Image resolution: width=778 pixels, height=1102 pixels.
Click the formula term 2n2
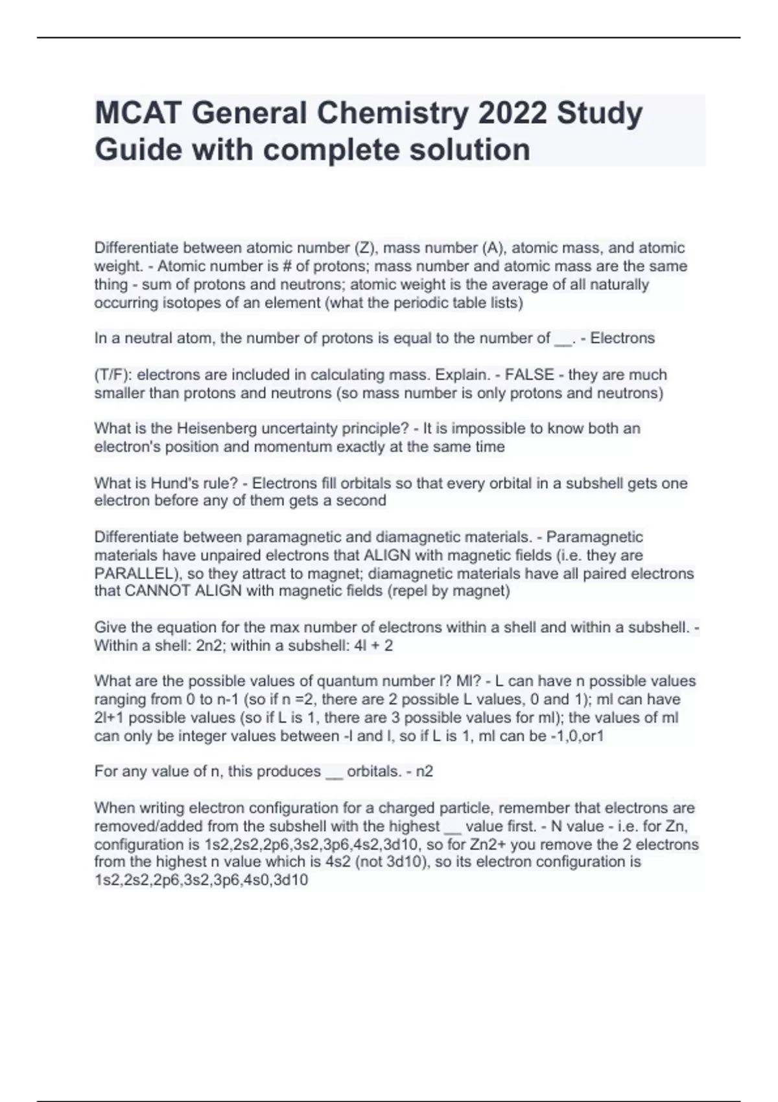209,646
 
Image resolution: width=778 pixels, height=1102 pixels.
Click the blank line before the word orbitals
333,773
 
